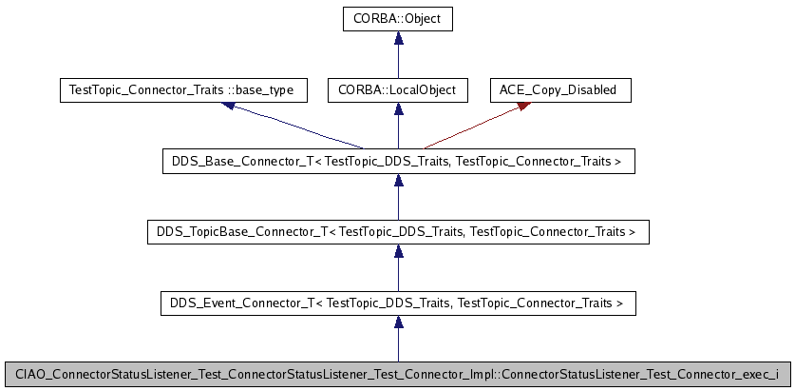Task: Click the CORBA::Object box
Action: pos(398,17)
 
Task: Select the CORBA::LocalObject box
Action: pos(398,90)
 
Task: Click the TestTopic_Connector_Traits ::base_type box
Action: pos(182,90)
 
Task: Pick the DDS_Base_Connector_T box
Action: pos(398,163)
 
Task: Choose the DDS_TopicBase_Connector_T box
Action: pos(398,231)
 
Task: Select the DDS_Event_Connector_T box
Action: pos(398,303)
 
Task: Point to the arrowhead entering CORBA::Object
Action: pos(398,38)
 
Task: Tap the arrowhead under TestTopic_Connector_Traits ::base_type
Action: pos(229,107)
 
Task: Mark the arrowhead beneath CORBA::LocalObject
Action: pos(398,110)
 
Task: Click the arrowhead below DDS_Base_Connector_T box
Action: pos(398,182)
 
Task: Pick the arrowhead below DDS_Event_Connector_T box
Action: pos(398,323)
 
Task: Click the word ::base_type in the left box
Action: pos(261,90)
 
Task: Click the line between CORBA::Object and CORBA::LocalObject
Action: pos(398,62)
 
